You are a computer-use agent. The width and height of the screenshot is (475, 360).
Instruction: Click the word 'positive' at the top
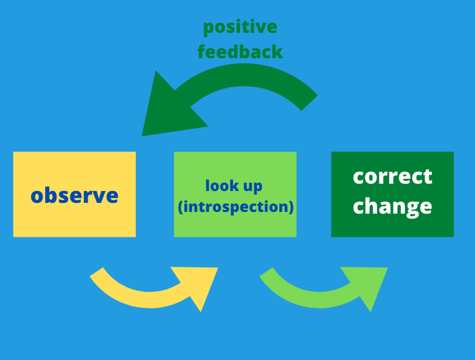(240, 28)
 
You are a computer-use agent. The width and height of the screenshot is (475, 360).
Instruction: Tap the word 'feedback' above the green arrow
(240, 51)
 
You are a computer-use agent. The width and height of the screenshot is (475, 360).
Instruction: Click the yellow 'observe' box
(75, 194)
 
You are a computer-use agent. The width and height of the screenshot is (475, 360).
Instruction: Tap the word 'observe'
(75, 196)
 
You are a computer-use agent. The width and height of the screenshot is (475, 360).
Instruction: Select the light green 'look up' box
(235, 194)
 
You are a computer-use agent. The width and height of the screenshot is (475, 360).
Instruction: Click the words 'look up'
(234, 185)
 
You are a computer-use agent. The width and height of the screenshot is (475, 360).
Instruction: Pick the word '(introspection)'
(236, 207)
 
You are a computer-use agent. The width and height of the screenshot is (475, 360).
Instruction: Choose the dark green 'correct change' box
(392, 194)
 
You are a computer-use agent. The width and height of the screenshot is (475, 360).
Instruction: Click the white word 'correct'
(392, 176)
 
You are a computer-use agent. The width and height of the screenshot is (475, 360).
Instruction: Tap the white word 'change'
(392, 206)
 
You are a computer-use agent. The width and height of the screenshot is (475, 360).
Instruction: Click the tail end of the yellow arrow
(97, 272)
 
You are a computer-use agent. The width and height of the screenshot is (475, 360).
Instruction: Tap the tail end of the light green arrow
(266, 272)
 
